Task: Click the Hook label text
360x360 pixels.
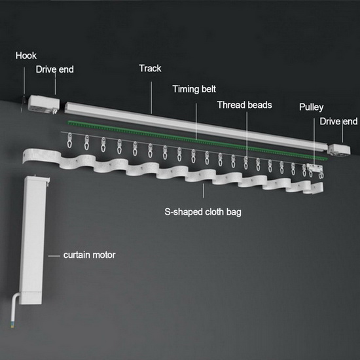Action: [x=26, y=56]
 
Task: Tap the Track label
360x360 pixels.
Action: [x=150, y=69]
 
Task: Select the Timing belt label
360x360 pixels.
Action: [x=194, y=89]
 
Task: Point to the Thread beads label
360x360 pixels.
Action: [x=245, y=105]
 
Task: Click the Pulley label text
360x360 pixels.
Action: [x=312, y=107]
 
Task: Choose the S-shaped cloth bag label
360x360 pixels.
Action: [x=203, y=212]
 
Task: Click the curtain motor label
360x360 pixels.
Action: [x=89, y=255]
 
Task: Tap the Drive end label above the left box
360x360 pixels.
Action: [x=54, y=69]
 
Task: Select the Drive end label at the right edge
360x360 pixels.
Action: [x=338, y=122]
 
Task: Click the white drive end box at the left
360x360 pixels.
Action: [x=44, y=105]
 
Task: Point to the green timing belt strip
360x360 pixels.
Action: [x=198, y=140]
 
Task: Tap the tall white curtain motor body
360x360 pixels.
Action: [x=33, y=240]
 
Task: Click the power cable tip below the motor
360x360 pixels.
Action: [x=13, y=325]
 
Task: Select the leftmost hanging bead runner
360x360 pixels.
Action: [x=69, y=140]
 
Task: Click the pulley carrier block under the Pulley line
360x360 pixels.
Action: [x=315, y=168]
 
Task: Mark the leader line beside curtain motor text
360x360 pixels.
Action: [x=54, y=255]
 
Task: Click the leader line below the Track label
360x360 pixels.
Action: [x=151, y=98]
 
